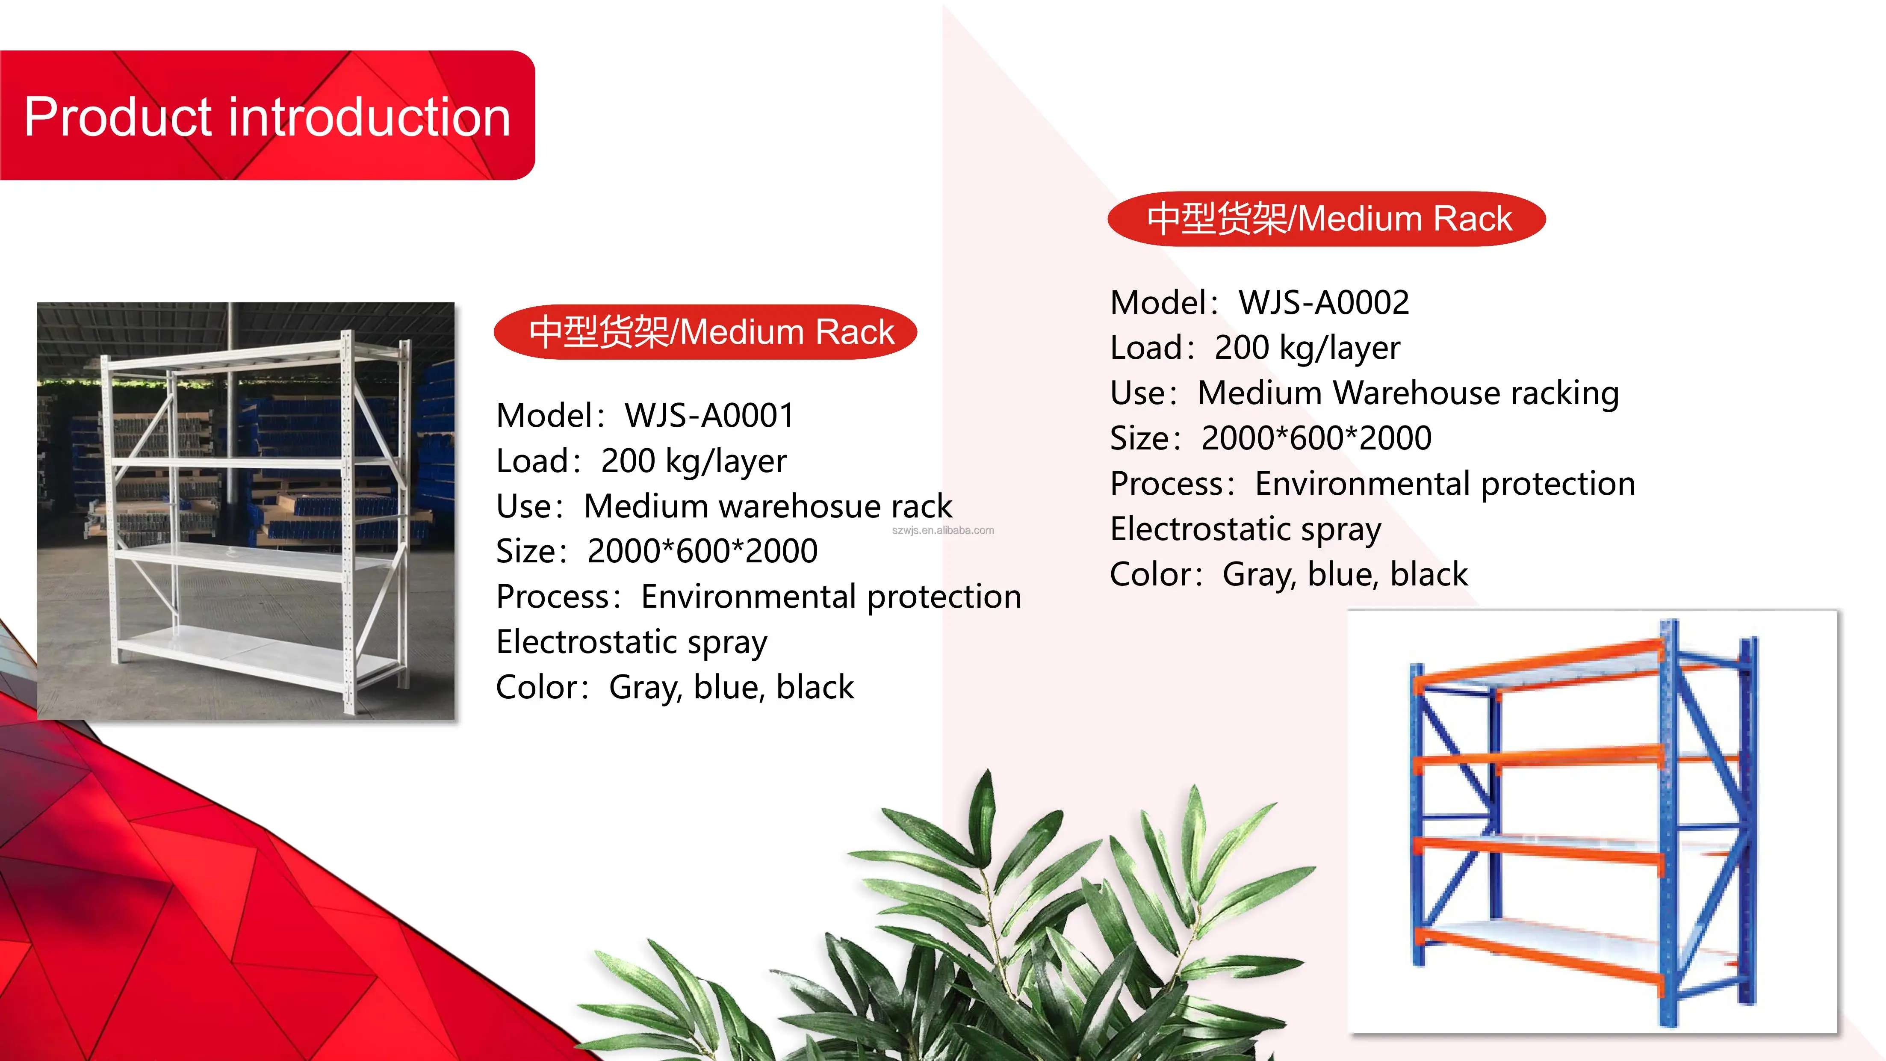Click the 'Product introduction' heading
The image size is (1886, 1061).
[x=267, y=117]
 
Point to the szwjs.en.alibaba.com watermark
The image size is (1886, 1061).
[x=942, y=530]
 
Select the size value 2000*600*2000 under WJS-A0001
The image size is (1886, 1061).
[x=702, y=551]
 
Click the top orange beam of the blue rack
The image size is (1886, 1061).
[x=1538, y=663]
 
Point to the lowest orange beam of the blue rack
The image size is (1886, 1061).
[x=1538, y=952]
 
